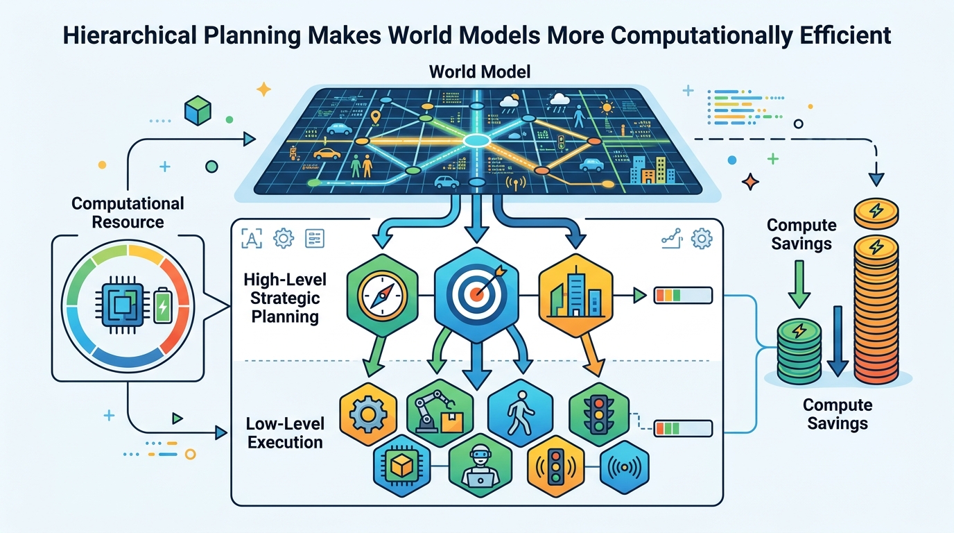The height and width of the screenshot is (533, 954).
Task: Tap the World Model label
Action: (x=480, y=71)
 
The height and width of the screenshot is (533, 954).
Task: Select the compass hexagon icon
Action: (x=383, y=295)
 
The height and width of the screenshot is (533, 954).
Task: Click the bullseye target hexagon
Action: (x=476, y=295)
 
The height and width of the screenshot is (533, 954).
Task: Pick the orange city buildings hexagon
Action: (x=576, y=295)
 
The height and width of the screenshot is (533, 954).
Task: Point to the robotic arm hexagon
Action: (x=440, y=412)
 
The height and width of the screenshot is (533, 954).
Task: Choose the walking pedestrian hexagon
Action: (x=521, y=412)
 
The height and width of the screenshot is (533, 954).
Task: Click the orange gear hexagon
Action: (x=368, y=414)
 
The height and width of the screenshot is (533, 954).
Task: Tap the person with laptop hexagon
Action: (x=480, y=466)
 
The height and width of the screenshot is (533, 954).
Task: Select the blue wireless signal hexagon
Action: (x=625, y=467)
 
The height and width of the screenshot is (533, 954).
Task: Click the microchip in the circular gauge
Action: (x=123, y=305)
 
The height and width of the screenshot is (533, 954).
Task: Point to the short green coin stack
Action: (x=799, y=351)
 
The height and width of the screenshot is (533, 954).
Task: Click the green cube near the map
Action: (x=198, y=110)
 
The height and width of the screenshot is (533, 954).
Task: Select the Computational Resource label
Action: (x=128, y=213)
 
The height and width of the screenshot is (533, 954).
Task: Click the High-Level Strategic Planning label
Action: (x=285, y=298)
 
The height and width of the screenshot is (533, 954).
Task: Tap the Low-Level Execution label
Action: (x=285, y=433)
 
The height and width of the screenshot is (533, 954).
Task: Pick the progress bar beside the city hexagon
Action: (x=683, y=295)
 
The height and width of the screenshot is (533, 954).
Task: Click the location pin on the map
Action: (x=375, y=117)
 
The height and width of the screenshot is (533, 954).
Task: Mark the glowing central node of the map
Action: (x=476, y=140)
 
